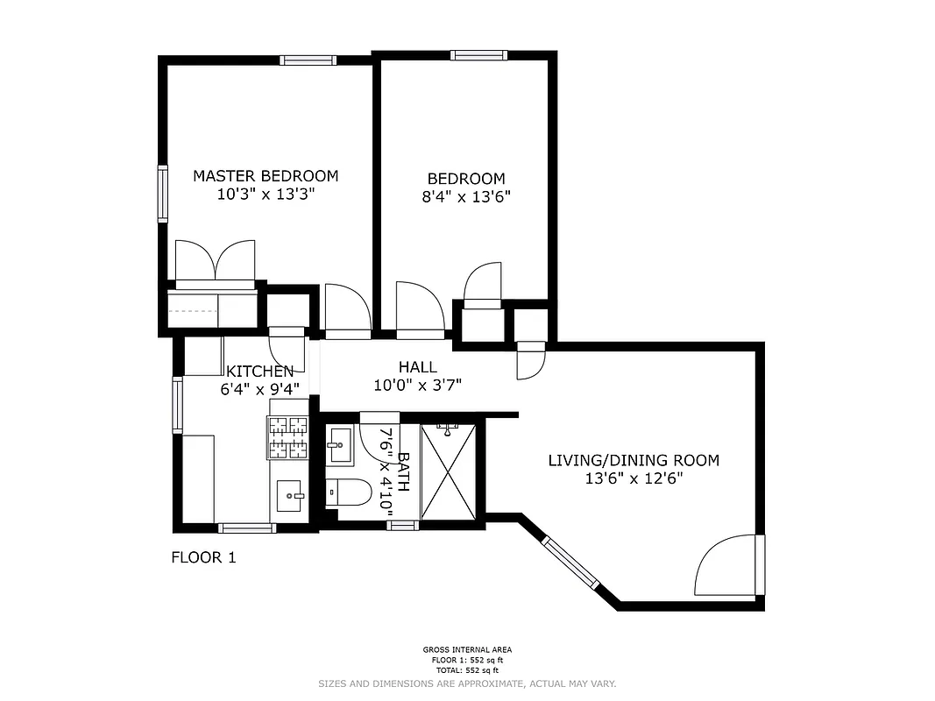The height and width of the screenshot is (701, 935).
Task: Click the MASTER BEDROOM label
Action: tap(266, 176)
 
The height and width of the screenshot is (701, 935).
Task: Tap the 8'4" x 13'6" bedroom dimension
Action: tap(466, 197)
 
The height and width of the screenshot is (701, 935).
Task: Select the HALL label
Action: tap(417, 367)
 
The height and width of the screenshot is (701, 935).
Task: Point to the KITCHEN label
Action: tap(260, 372)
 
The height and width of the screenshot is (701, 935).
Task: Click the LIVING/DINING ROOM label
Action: tap(634, 460)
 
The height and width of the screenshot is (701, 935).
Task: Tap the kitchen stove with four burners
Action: tap(288, 438)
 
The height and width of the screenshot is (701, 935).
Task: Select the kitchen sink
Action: tap(288, 496)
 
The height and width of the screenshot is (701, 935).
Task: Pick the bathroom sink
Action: tap(339, 445)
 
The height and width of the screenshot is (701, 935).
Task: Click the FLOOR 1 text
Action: tap(203, 557)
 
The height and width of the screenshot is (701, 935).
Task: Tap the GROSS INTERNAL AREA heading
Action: tap(467, 650)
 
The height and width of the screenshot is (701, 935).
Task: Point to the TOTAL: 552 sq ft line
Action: tap(467, 669)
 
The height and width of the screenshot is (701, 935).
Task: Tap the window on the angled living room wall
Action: tap(570, 562)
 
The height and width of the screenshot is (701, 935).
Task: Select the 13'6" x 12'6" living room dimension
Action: tap(634, 478)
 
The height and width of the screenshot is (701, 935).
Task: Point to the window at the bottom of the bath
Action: tap(402, 525)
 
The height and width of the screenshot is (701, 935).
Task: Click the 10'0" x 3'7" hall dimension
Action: tap(417, 385)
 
